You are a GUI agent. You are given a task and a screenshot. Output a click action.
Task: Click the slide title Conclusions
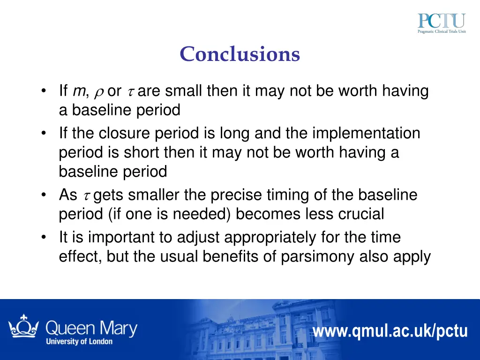pos(240,54)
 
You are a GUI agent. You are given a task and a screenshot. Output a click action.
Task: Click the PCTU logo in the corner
pos(442,24)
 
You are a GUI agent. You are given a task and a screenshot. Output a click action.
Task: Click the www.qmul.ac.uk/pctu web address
pos(390,331)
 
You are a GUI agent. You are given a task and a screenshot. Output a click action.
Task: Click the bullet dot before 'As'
pos(44,195)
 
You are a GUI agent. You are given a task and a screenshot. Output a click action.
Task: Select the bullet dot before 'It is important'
pos(44,238)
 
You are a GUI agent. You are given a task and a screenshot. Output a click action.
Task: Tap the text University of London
pos(79,342)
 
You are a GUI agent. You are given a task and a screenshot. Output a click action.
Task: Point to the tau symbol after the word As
pos(87,195)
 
